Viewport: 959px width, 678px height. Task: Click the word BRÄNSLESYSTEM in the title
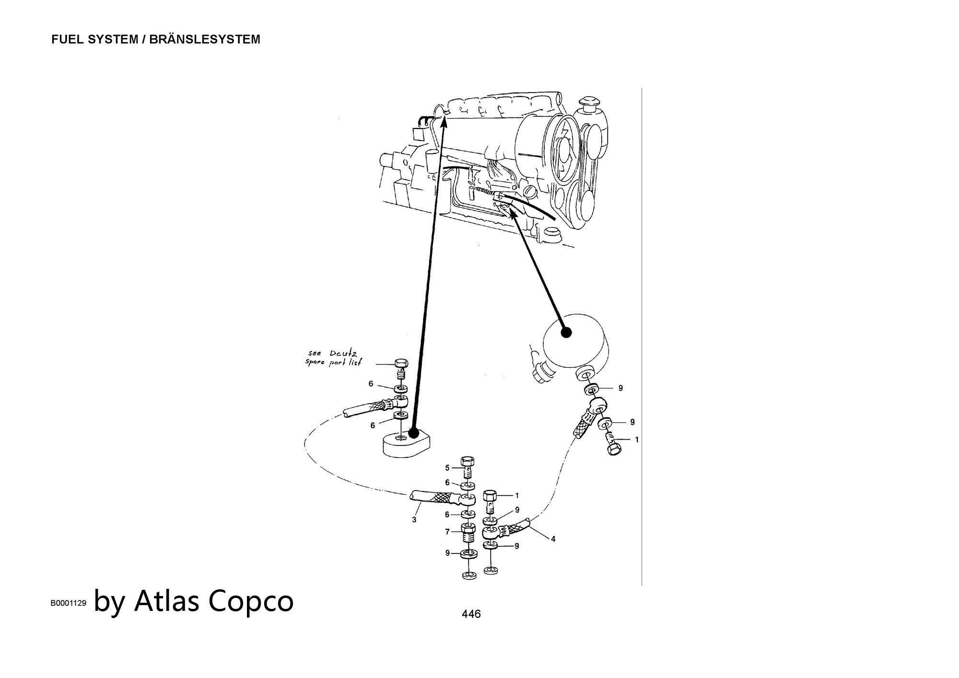[205, 39]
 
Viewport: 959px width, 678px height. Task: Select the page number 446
[471, 614]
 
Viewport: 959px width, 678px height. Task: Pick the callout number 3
[414, 519]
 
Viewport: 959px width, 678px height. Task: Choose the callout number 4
[553, 539]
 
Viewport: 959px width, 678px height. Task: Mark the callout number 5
[447, 468]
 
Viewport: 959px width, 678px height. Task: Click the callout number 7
[447, 532]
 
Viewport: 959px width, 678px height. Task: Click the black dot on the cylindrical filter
[566, 332]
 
